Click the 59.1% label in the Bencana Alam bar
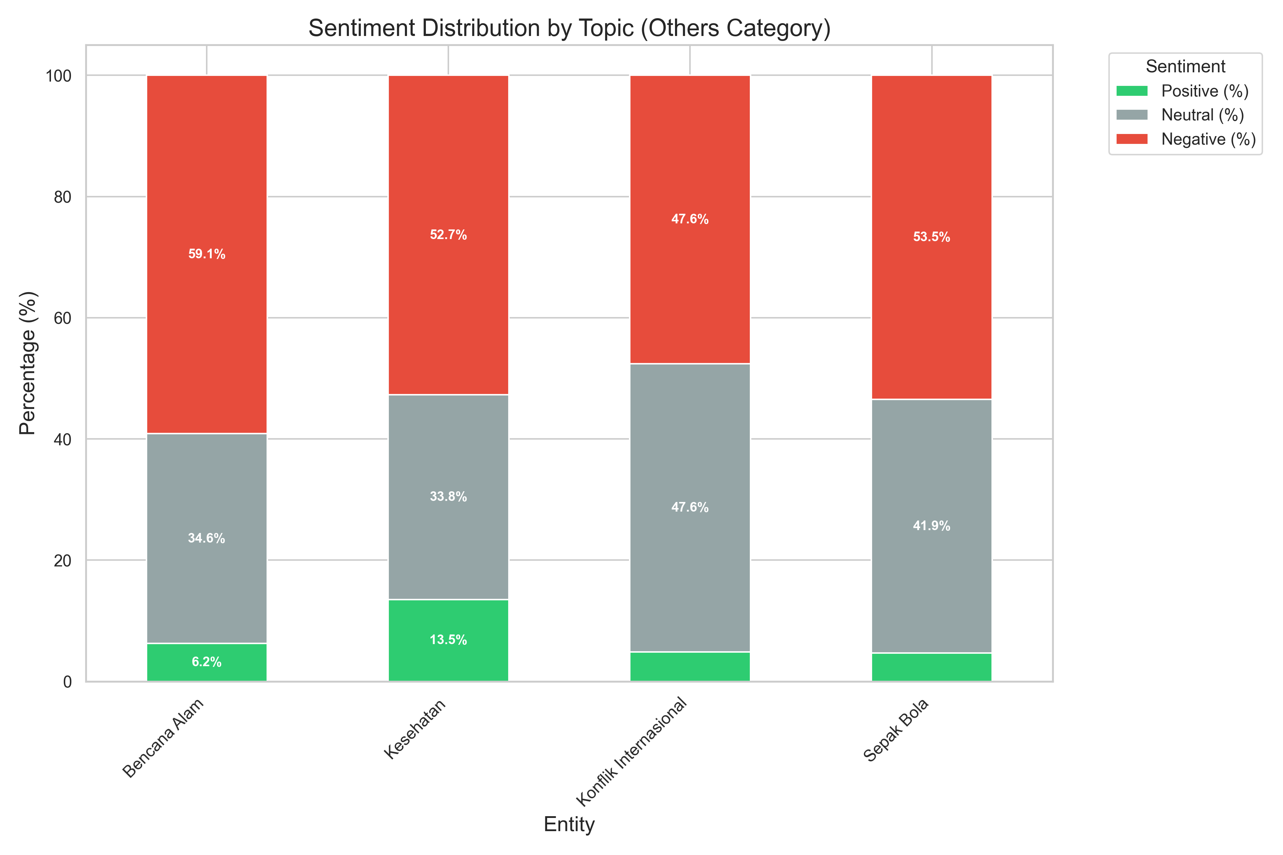pyautogui.click(x=207, y=254)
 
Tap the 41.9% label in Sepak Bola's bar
pyautogui.click(x=931, y=526)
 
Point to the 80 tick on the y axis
pyautogui.click(x=63, y=197)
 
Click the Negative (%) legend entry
pyautogui.click(x=1208, y=140)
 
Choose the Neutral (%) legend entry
pyautogui.click(x=1202, y=115)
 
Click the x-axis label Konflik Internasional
pyautogui.click(x=632, y=752)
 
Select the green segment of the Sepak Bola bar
pyautogui.click(x=931, y=667)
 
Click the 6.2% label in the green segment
pyautogui.click(x=207, y=662)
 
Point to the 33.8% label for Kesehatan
pyautogui.click(x=448, y=497)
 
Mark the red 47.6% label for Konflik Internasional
pyautogui.click(x=690, y=219)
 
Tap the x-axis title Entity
pyautogui.click(x=569, y=824)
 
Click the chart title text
pyautogui.click(x=569, y=28)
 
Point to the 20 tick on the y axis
pyautogui.click(x=63, y=560)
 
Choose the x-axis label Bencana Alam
pyautogui.click(x=163, y=738)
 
